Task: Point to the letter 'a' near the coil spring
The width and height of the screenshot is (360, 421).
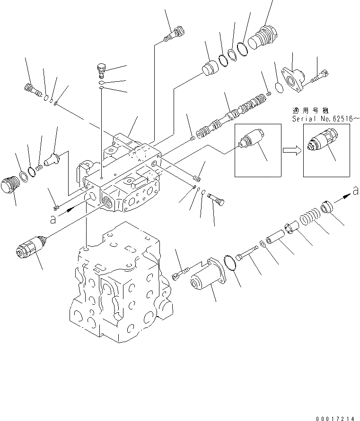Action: (354, 190)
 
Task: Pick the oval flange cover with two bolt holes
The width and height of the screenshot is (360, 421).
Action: (293, 78)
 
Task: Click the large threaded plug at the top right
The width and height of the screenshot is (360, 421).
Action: (264, 36)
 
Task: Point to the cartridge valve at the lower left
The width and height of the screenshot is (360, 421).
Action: (29, 248)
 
